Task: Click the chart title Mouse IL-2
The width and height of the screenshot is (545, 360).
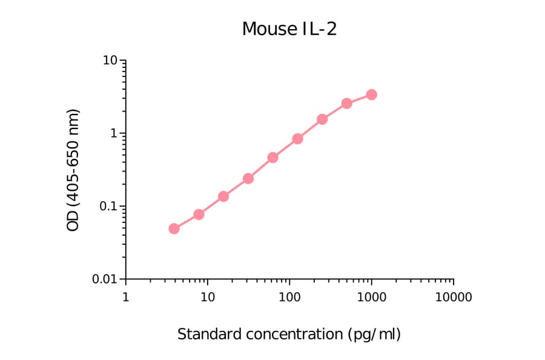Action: coord(289,29)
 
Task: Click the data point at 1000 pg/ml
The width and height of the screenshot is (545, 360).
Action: coord(371,95)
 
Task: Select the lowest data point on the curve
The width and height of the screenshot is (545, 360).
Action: coord(174,228)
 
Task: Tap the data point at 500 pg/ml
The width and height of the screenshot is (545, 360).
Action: coord(347,104)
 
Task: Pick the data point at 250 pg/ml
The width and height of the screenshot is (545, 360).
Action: coord(322,119)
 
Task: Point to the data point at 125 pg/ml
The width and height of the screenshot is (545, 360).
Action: coord(297,139)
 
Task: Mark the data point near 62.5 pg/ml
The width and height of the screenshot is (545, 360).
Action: coord(272,158)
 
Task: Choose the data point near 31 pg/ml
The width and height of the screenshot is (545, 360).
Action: coord(248,178)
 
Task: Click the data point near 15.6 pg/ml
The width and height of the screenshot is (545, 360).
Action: coord(223,196)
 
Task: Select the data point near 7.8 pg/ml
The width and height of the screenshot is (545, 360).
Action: coord(199,215)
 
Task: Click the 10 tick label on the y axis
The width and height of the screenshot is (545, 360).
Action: coord(110,61)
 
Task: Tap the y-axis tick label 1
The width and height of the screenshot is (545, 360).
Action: coord(113,133)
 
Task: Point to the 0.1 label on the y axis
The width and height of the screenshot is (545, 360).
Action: coord(108,207)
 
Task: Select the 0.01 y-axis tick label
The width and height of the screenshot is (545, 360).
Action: coord(105,279)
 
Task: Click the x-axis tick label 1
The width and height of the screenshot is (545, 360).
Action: coord(125,298)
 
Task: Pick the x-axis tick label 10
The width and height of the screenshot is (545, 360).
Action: coord(207,298)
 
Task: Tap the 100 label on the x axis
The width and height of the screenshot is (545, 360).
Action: coord(289,298)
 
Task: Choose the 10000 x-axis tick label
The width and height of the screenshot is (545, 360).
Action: coord(453,298)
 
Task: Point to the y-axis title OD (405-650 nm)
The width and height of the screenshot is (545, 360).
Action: coord(73,170)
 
